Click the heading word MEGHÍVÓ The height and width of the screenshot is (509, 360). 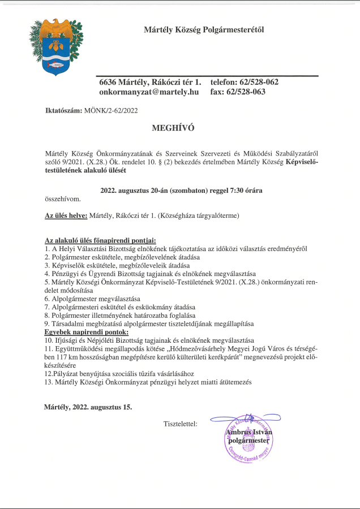point(173,128)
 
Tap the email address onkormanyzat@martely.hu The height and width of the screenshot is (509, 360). point(149,92)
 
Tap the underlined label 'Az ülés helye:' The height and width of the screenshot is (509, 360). point(66,215)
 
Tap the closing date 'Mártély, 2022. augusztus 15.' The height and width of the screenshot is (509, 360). point(88,407)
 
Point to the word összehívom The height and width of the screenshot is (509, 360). point(62,199)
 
